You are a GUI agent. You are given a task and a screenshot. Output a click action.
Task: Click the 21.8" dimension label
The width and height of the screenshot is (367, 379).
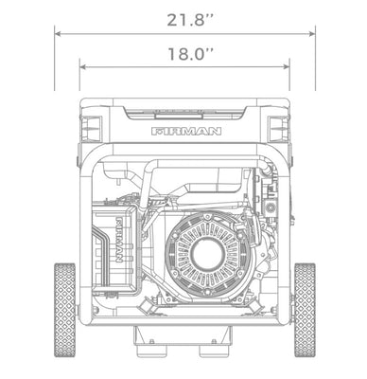pos(190,20)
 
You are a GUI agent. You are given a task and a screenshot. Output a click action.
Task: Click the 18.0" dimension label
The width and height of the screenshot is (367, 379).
pos(190,54)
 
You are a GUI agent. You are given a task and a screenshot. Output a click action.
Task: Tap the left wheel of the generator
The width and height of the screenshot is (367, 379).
pos(65,310)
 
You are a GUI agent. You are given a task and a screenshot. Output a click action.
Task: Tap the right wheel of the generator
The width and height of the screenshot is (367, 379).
pos(305,310)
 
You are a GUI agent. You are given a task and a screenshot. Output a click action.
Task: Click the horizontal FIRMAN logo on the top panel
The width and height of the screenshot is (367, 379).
pos(186,132)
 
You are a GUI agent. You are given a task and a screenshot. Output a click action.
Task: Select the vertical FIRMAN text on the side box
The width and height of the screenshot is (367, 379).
pos(119,239)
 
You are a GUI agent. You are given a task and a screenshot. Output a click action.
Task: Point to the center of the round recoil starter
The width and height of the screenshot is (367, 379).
pos(208,254)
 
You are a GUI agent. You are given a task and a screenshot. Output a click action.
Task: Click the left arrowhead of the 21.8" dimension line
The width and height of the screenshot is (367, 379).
pos(58,34)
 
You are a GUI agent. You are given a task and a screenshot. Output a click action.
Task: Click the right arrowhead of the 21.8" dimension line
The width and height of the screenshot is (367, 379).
pos(312,34)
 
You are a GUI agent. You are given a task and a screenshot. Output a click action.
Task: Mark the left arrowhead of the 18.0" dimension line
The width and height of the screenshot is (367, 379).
pos(82,66)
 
